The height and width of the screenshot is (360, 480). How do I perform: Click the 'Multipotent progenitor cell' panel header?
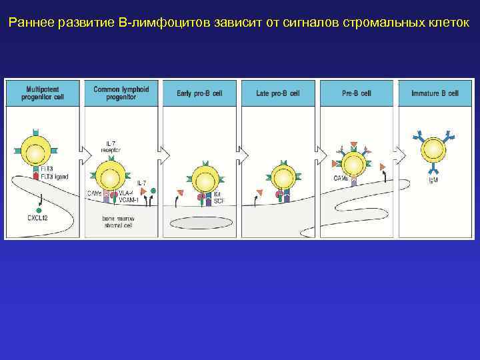45,93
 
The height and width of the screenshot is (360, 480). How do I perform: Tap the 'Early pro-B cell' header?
201,93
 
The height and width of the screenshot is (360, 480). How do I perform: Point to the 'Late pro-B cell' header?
278,93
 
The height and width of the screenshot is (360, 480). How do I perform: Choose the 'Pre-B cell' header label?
356,93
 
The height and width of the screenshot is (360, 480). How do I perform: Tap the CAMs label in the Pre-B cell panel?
341,178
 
